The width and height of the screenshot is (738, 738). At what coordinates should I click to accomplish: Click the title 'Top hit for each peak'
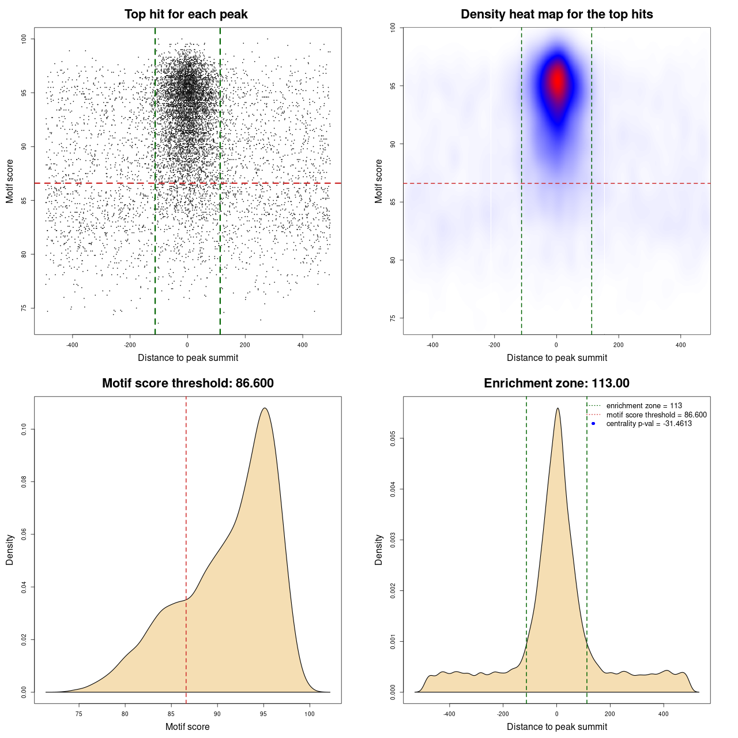(186, 14)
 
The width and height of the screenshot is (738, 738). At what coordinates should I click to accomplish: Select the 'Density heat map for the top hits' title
(556, 14)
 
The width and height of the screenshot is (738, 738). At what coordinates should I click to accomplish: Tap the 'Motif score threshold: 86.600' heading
(187, 383)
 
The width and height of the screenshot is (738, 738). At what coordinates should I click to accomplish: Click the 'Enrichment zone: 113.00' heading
(556, 383)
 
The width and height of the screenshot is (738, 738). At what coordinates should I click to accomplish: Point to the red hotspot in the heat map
(557, 81)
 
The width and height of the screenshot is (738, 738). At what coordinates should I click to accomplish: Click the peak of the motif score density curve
(265, 408)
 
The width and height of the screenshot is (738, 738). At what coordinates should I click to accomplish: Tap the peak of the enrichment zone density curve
(557, 408)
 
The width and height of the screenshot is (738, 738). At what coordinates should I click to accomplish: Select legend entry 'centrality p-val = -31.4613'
(649, 424)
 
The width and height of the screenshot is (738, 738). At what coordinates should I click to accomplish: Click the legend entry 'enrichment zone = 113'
(644, 406)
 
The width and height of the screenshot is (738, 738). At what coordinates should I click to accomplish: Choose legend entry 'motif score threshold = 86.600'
(656, 415)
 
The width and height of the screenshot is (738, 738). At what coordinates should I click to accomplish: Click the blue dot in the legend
(593, 424)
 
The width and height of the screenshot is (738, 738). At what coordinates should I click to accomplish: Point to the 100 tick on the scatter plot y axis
(24, 39)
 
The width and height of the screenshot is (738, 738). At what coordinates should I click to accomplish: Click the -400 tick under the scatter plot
(72, 345)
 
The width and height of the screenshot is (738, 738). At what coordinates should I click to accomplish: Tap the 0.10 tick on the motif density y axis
(24, 430)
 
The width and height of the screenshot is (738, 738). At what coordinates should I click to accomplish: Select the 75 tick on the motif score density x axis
(79, 714)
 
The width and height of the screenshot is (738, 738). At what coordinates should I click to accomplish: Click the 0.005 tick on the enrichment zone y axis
(393, 439)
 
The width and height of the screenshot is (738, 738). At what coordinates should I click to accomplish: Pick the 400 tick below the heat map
(680, 345)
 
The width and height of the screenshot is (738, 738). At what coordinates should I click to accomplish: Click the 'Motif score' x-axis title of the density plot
(187, 726)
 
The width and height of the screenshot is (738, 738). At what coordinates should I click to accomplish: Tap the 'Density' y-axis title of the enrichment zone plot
(379, 549)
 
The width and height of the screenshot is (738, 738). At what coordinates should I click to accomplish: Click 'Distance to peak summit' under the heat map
(556, 357)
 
